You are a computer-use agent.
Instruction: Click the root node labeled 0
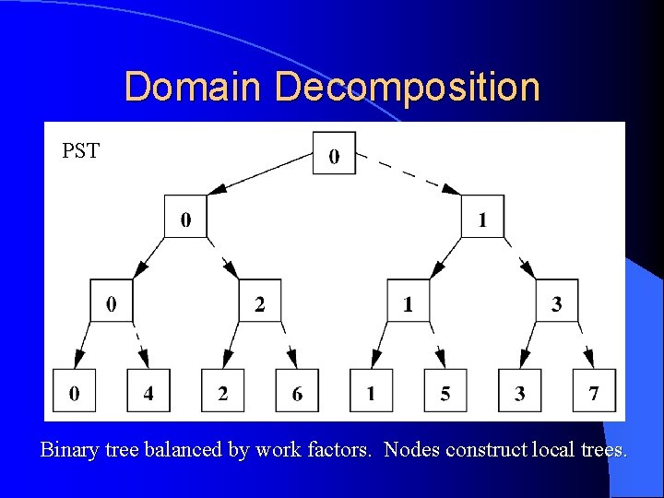click(x=333, y=154)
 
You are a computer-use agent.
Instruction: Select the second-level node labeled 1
click(x=482, y=218)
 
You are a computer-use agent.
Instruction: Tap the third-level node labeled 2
click(x=259, y=301)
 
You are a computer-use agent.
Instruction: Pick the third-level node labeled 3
click(x=556, y=301)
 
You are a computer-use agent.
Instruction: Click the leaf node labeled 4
click(x=148, y=392)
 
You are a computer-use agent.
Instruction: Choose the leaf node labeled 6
click(x=296, y=392)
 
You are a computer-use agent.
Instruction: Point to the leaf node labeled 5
click(x=445, y=392)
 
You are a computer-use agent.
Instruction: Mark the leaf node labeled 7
click(x=593, y=392)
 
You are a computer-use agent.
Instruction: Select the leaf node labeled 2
click(x=222, y=392)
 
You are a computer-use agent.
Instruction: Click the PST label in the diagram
click(x=80, y=150)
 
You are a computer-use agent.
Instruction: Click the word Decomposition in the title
click(x=407, y=88)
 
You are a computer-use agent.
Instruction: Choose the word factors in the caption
click(x=336, y=451)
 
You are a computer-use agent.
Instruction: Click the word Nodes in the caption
click(x=408, y=451)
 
